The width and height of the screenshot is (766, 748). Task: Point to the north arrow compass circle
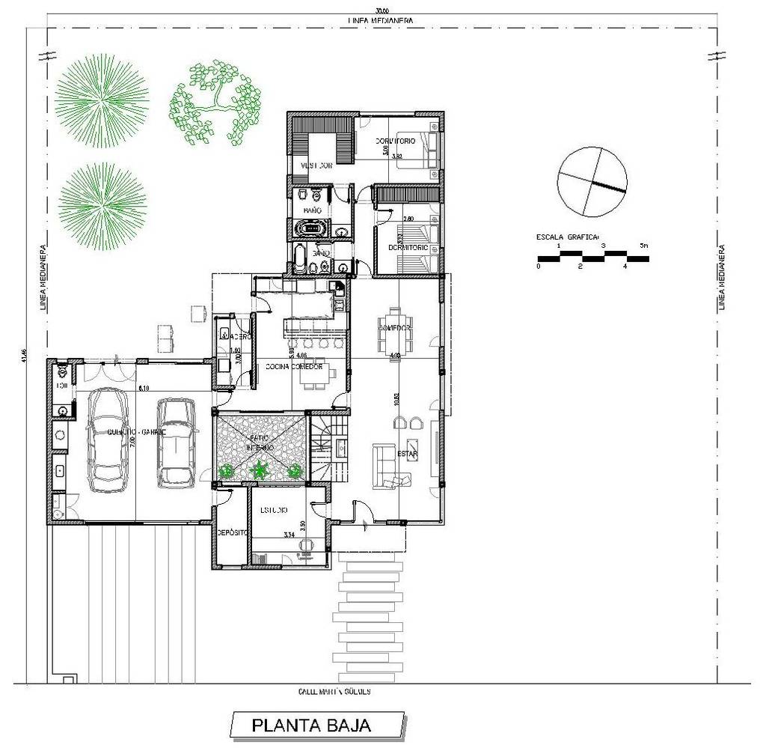(592, 181)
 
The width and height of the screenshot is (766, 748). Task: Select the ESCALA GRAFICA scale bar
(592, 259)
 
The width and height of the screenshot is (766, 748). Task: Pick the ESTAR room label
(407, 454)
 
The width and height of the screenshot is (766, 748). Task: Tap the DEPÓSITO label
(232, 532)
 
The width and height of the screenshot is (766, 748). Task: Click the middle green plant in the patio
(260, 470)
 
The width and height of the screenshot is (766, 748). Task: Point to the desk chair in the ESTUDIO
(304, 547)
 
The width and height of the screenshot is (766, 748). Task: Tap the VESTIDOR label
(316, 165)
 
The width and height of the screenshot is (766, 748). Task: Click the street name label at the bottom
(335, 692)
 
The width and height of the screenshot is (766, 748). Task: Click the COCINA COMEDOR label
(295, 367)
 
